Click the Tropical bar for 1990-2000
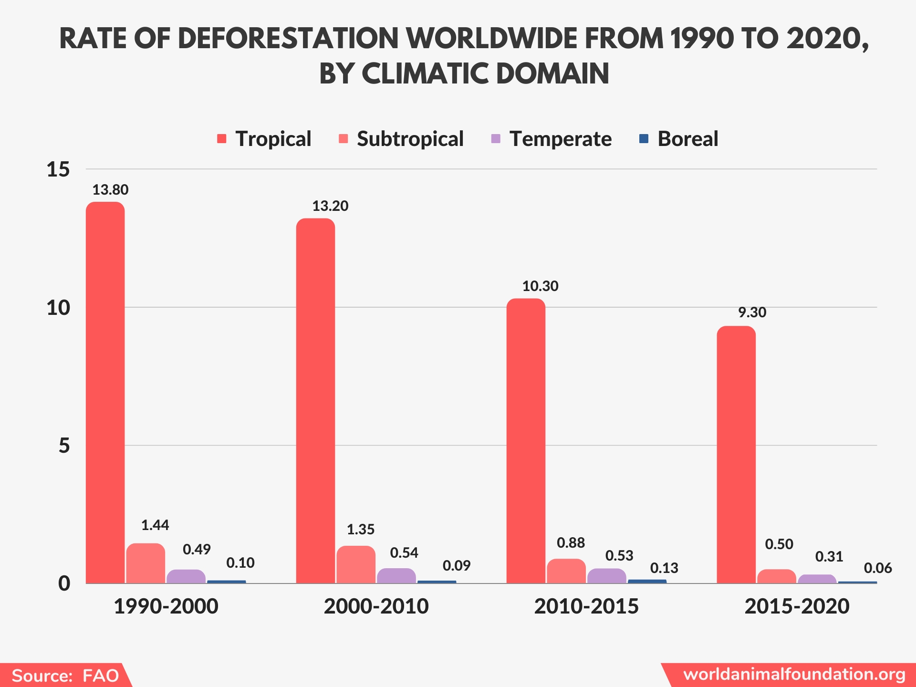coord(105,391)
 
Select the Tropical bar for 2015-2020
coord(736,453)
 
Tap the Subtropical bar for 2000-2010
coord(356,564)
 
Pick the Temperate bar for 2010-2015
coord(606,576)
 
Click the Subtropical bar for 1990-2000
coord(146,563)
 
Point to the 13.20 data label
coord(330,206)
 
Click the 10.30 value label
coord(540,286)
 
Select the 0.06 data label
coord(877,568)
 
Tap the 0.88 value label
coord(571,543)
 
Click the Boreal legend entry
coord(687,139)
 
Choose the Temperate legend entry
coord(560,139)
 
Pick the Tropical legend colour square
coord(221,139)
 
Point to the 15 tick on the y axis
coord(58,169)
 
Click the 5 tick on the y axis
coord(64,446)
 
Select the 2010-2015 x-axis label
coord(586,606)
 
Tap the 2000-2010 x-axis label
coord(376,606)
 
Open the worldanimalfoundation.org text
coord(794,674)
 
